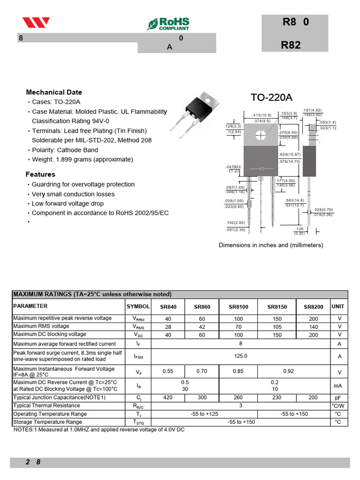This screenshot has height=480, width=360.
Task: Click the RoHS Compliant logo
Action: click(x=168, y=23)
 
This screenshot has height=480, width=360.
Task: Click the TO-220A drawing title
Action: click(x=271, y=97)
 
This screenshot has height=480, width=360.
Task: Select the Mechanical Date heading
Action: click(x=54, y=92)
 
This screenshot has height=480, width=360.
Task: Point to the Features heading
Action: click(x=40, y=174)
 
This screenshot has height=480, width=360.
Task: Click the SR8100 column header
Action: click(x=239, y=307)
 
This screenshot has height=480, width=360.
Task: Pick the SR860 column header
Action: click(x=202, y=307)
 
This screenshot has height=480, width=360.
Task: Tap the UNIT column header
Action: click(x=337, y=307)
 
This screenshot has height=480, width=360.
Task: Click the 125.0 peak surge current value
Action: click(x=240, y=356)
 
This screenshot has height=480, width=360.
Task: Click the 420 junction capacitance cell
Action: click(x=167, y=397)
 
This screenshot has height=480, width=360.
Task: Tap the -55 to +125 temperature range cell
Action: click(x=204, y=414)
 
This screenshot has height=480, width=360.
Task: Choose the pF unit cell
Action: click(x=339, y=397)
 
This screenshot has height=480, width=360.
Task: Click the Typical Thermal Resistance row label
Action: click(x=46, y=405)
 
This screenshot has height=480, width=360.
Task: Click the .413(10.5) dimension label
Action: click(x=262, y=115)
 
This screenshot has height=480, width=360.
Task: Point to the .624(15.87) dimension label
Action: click(x=290, y=155)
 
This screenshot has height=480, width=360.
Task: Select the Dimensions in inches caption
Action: click(x=270, y=245)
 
